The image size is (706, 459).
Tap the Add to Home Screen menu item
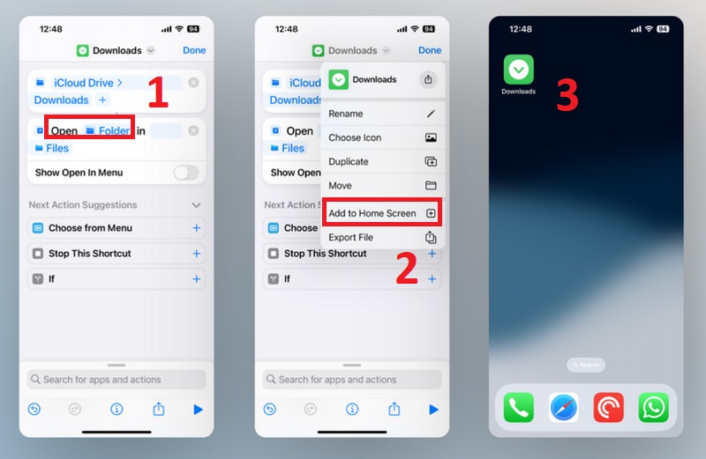(x=382, y=213)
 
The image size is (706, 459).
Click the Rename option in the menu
(x=382, y=114)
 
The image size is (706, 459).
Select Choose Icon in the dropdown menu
(x=382, y=137)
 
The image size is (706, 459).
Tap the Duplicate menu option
(x=382, y=161)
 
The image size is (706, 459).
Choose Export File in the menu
(x=382, y=237)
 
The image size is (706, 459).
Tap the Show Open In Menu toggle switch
(x=186, y=172)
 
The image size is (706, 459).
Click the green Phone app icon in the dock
(x=519, y=407)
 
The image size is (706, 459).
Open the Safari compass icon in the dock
(x=564, y=407)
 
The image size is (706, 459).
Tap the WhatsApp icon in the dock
(x=653, y=407)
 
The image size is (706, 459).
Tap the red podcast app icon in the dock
(x=608, y=407)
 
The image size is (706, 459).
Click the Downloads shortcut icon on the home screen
(x=519, y=70)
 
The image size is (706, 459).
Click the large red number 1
(x=159, y=93)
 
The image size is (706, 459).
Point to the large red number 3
(x=567, y=95)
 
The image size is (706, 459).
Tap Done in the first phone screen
(x=194, y=50)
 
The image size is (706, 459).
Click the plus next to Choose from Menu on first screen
(x=196, y=228)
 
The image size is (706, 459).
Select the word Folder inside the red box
(x=114, y=130)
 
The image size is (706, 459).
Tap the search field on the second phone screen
(x=351, y=380)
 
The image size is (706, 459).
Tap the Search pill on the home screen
(x=586, y=365)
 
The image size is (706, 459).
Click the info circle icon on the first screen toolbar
(x=116, y=409)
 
